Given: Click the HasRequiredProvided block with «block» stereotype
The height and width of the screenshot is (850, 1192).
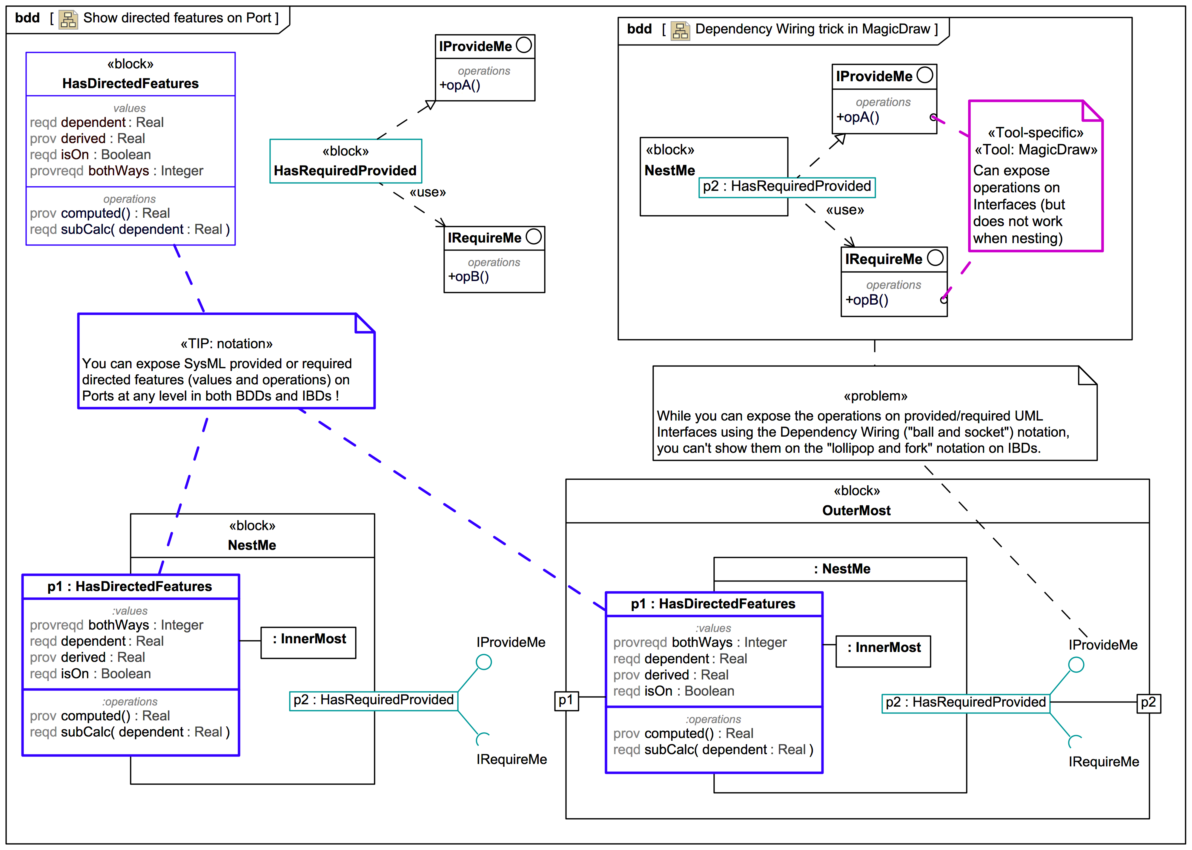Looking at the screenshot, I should (345, 161).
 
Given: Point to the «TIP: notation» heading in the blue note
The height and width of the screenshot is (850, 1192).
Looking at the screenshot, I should (227, 344).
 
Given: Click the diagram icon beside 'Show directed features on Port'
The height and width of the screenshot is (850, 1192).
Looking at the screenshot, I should (68, 19).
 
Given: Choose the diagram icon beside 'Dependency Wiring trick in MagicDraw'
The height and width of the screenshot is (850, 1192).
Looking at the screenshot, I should (680, 30).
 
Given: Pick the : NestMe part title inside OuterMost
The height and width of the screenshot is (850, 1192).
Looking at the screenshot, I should (842, 569).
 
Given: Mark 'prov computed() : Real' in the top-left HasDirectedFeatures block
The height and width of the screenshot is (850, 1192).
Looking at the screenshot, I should (99, 214).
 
